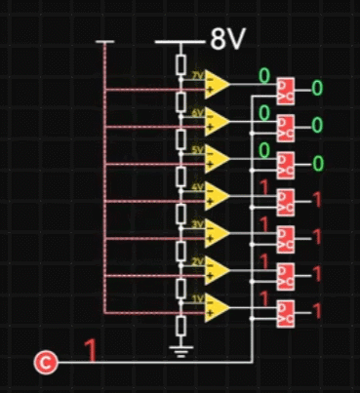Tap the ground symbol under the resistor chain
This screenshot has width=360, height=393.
(x=180, y=346)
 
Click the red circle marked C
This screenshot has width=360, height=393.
(x=45, y=363)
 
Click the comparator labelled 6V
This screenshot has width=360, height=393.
(x=217, y=121)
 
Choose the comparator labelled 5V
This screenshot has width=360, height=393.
(x=217, y=158)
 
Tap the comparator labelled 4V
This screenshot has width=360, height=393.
(x=217, y=195)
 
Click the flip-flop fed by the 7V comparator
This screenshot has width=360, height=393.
(x=287, y=89)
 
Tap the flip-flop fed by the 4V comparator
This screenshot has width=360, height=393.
(x=287, y=201)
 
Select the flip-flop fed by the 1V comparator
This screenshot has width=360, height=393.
(x=287, y=313)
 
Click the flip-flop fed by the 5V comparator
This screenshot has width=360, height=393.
(x=287, y=164)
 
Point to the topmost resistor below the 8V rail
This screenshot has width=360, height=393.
(x=180, y=64)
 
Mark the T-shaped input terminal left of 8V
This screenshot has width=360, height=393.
(x=104, y=43)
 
